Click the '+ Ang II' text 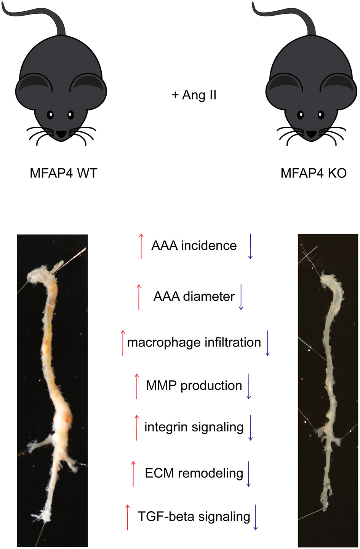pyautogui.click(x=194, y=95)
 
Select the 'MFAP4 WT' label pyautogui.click(x=64, y=174)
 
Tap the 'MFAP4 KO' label pyautogui.click(x=314, y=174)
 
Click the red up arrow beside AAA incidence pyautogui.click(x=141, y=246)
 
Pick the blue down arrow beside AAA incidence pyautogui.click(x=250, y=246)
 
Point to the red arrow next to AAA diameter pyautogui.click(x=139, y=297)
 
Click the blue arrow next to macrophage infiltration pyautogui.click(x=267, y=343)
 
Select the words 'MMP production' pyautogui.click(x=194, y=386)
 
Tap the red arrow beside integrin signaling pyautogui.click(x=137, y=428)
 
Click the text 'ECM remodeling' pyautogui.click(x=194, y=473)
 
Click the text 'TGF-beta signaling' pyautogui.click(x=194, y=517)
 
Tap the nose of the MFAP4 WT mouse pyautogui.click(x=61, y=134)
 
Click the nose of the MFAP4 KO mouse pyautogui.click(x=312, y=134)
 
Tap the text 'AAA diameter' pyautogui.click(x=194, y=296)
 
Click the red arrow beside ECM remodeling pyautogui.click(x=133, y=474)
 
